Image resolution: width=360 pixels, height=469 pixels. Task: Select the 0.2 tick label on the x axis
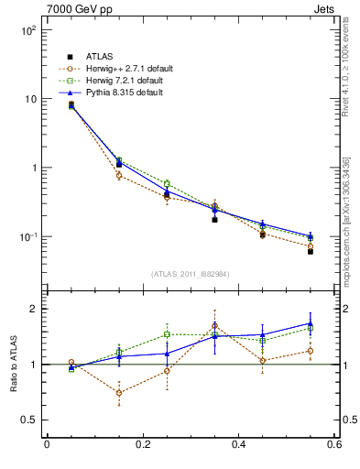pos(142,445)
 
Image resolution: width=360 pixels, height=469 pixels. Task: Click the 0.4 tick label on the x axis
pos(238,445)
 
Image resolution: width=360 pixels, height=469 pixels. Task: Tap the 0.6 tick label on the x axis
pos(333,445)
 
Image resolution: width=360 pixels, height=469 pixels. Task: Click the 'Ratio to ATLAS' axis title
pos(11,363)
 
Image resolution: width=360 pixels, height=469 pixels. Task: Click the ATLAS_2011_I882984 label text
pos(190,273)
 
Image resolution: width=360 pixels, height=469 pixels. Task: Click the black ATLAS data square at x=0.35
pos(214,220)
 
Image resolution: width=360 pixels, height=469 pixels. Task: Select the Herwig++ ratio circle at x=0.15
pos(118,392)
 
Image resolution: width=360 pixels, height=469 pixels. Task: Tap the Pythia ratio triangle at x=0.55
pos(311,323)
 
